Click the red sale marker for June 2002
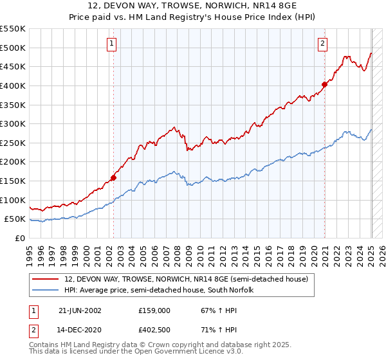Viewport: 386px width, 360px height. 113,177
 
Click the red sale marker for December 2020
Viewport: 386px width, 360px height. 325,84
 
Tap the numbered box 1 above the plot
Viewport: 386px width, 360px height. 112,44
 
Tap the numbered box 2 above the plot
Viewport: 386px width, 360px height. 322,44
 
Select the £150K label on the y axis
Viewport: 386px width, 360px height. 13,181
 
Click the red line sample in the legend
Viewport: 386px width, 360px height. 46,279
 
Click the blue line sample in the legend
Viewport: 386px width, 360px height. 46,289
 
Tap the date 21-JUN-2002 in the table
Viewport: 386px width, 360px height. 80,310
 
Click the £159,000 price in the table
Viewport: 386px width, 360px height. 155,310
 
